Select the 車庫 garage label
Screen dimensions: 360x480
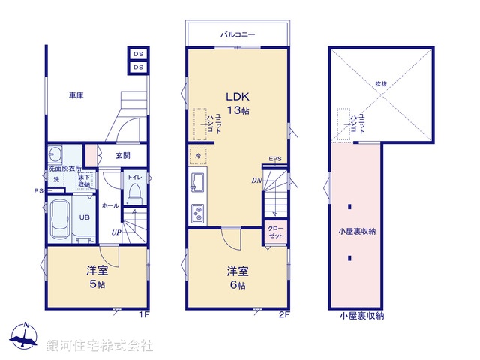click(x=76, y=95)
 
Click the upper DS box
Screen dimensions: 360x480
click(x=138, y=54)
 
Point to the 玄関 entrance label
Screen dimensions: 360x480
click(x=123, y=155)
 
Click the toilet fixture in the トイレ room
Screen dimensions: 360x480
click(x=135, y=194)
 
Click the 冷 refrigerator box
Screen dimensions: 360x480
click(x=198, y=155)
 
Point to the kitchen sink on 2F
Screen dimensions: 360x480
click(x=199, y=182)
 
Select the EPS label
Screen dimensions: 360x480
click(x=275, y=159)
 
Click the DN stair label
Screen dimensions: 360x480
click(x=256, y=181)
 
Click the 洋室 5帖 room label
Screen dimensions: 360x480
click(x=96, y=277)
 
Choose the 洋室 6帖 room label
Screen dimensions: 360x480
click(x=238, y=277)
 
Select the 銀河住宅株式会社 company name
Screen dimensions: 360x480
click(x=100, y=345)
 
